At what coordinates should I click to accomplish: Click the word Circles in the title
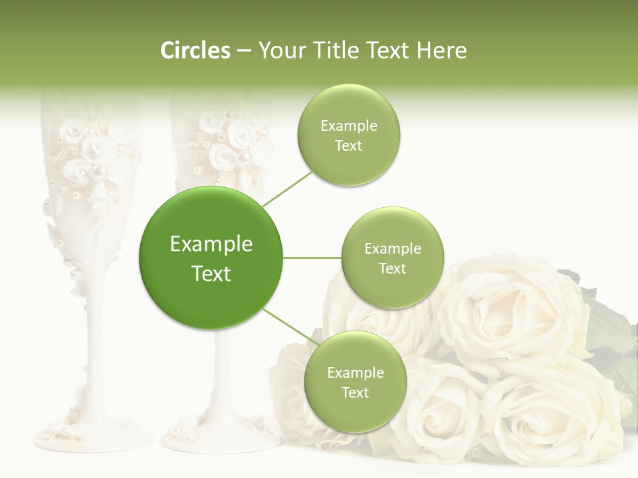coord(195,50)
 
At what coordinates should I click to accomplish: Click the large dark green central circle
coord(211,258)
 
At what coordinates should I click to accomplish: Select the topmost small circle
coord(348,135)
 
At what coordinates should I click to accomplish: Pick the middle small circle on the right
coord(392,258)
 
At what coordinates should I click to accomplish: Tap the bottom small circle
coord(355,382)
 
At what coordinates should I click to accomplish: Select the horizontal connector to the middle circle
coord(312,258)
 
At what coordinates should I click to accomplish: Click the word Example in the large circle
coord(211,244)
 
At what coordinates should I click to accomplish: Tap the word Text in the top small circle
coord(348,146)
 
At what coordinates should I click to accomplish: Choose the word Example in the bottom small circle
coord(355,372)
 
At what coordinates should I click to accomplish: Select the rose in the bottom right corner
coord(552,418)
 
